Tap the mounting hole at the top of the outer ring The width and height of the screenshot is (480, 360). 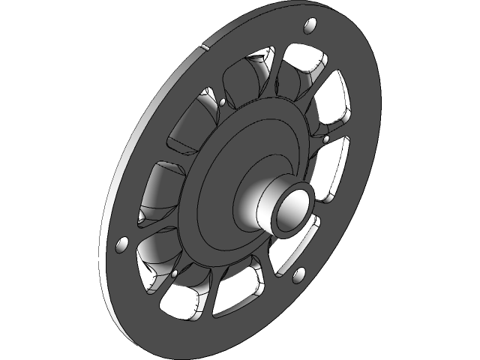(x=307, y=28)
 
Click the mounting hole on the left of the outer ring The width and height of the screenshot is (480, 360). (x=121, y=244)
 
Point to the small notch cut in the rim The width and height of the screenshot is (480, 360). (x=202, y=46)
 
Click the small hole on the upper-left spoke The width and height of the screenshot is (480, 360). (x=223, y=101)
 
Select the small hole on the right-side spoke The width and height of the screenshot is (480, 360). (x=326, y=139)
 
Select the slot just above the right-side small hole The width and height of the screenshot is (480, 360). (x=334, y=105)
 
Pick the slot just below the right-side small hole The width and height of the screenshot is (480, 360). (x=335, y=169)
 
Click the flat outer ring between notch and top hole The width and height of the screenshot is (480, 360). (x=255, y=34)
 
